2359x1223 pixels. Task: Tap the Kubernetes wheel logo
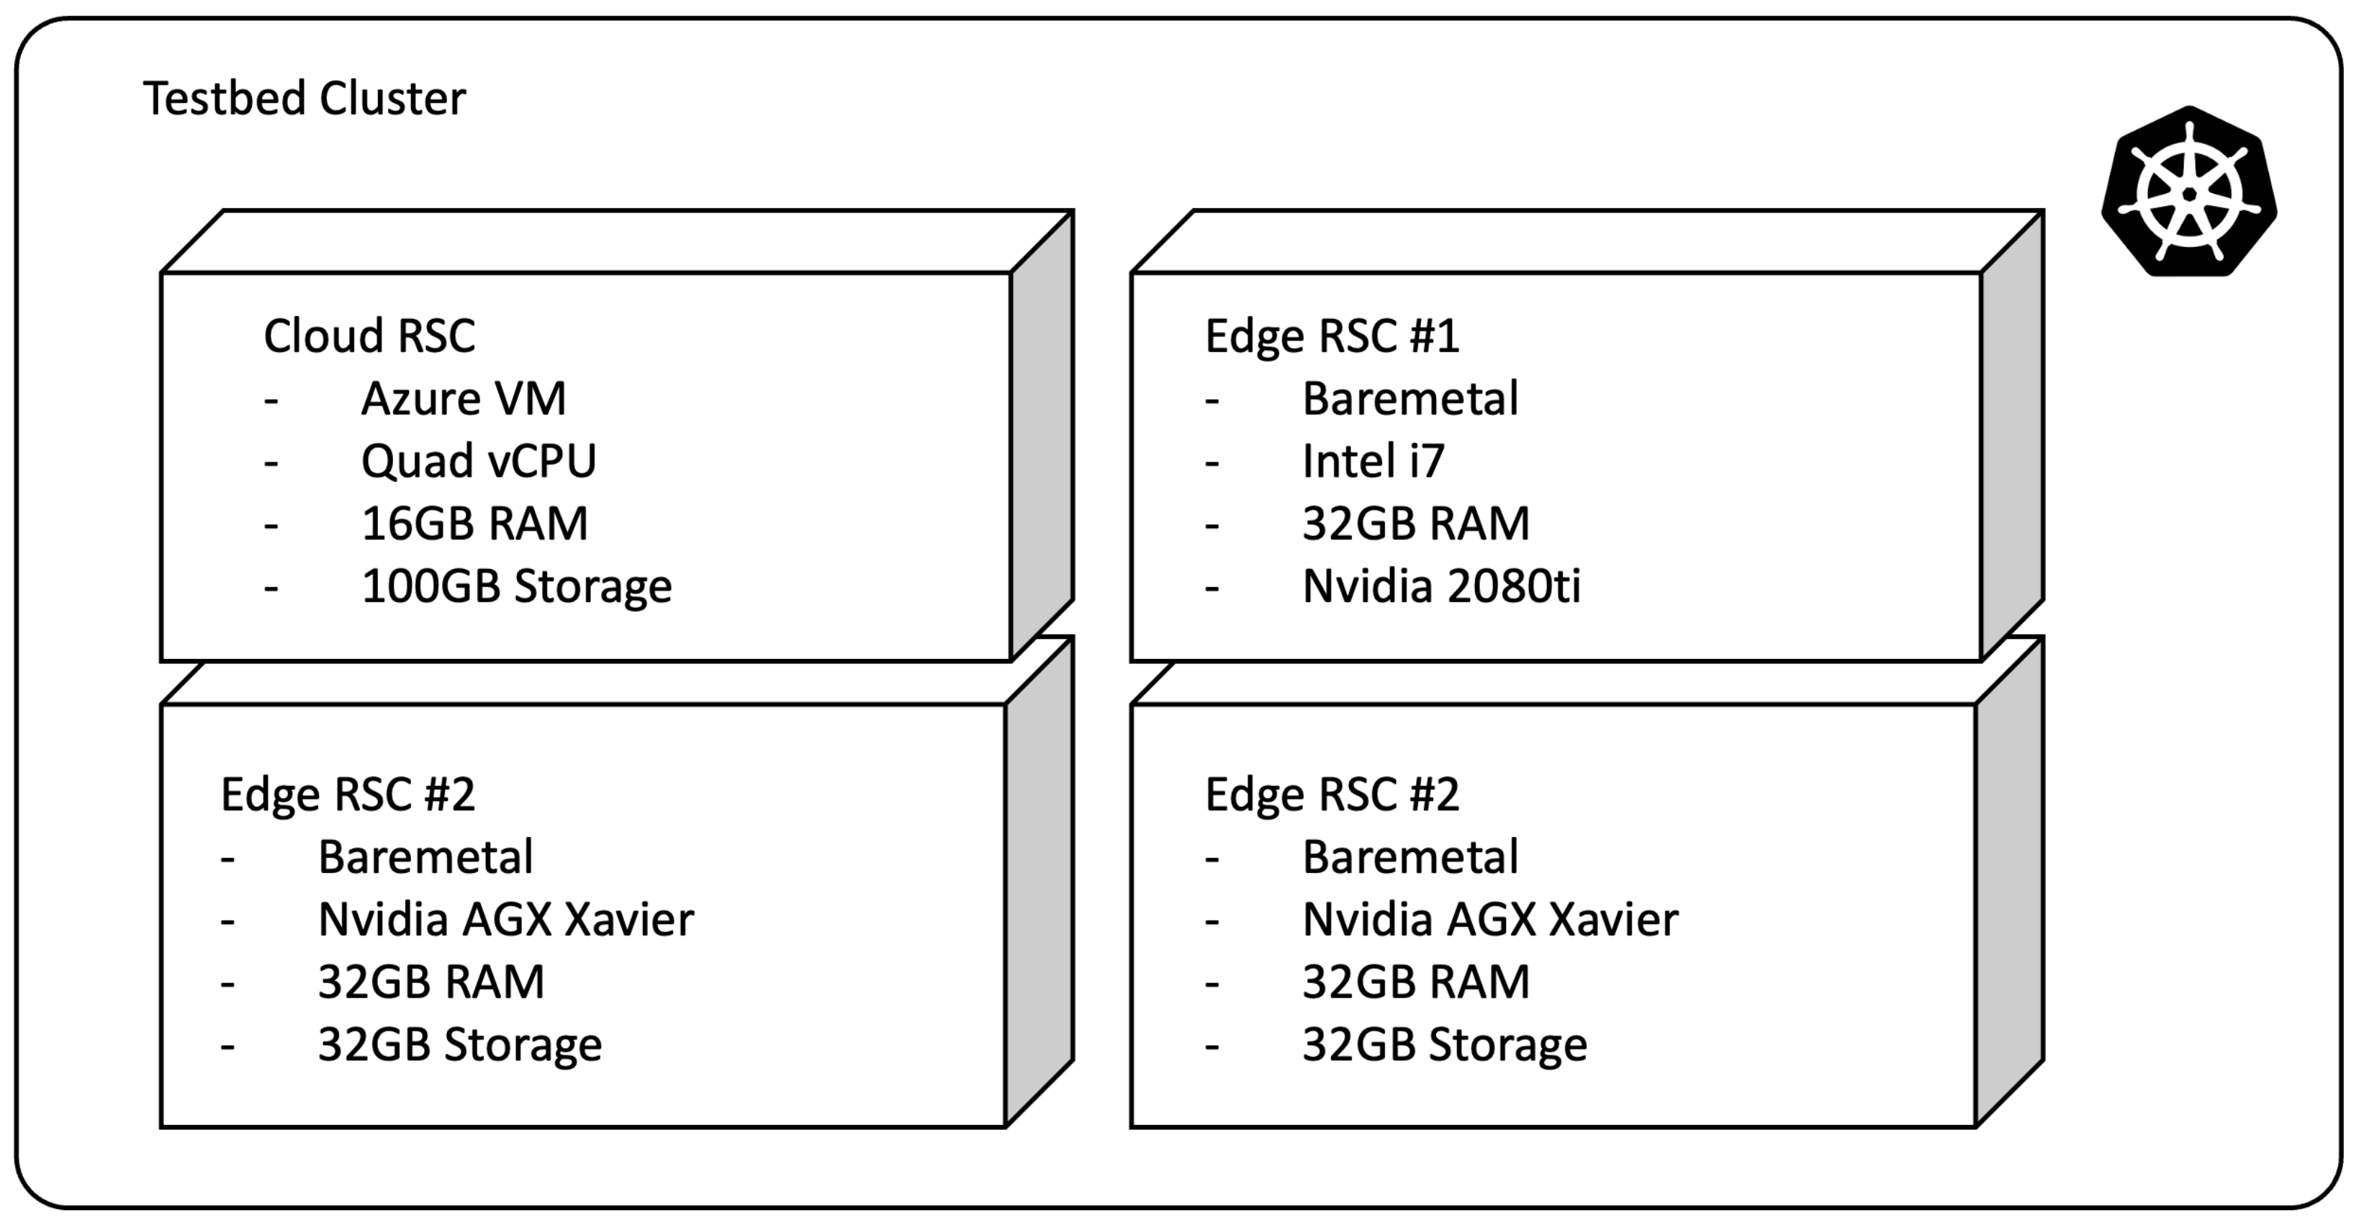click(2188, 193)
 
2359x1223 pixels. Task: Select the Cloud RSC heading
click(369, 336)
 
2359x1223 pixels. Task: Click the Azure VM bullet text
click(464, 398)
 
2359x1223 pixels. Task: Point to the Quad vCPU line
click(478, 461)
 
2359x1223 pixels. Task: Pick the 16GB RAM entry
click(474, 523)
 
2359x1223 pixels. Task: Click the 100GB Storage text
click(516, 586)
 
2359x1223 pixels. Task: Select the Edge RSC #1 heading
click(1332, 336)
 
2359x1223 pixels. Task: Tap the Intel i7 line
click(1373, 461)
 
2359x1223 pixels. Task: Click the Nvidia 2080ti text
click(1441, 586)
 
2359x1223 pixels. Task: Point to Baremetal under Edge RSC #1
click(1410, 398)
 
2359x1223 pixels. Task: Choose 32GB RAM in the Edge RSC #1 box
click(1416, 523)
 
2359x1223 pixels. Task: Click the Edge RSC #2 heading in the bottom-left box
click(348, 794)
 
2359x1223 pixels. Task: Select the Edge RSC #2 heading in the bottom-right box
click(1332, 794)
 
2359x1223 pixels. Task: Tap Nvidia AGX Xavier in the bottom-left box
click(505, 920)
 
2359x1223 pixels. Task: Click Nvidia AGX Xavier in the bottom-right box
click(1490, 920)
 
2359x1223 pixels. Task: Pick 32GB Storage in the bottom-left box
click(460, 1044)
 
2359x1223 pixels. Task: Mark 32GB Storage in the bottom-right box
click(1444, 1044)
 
